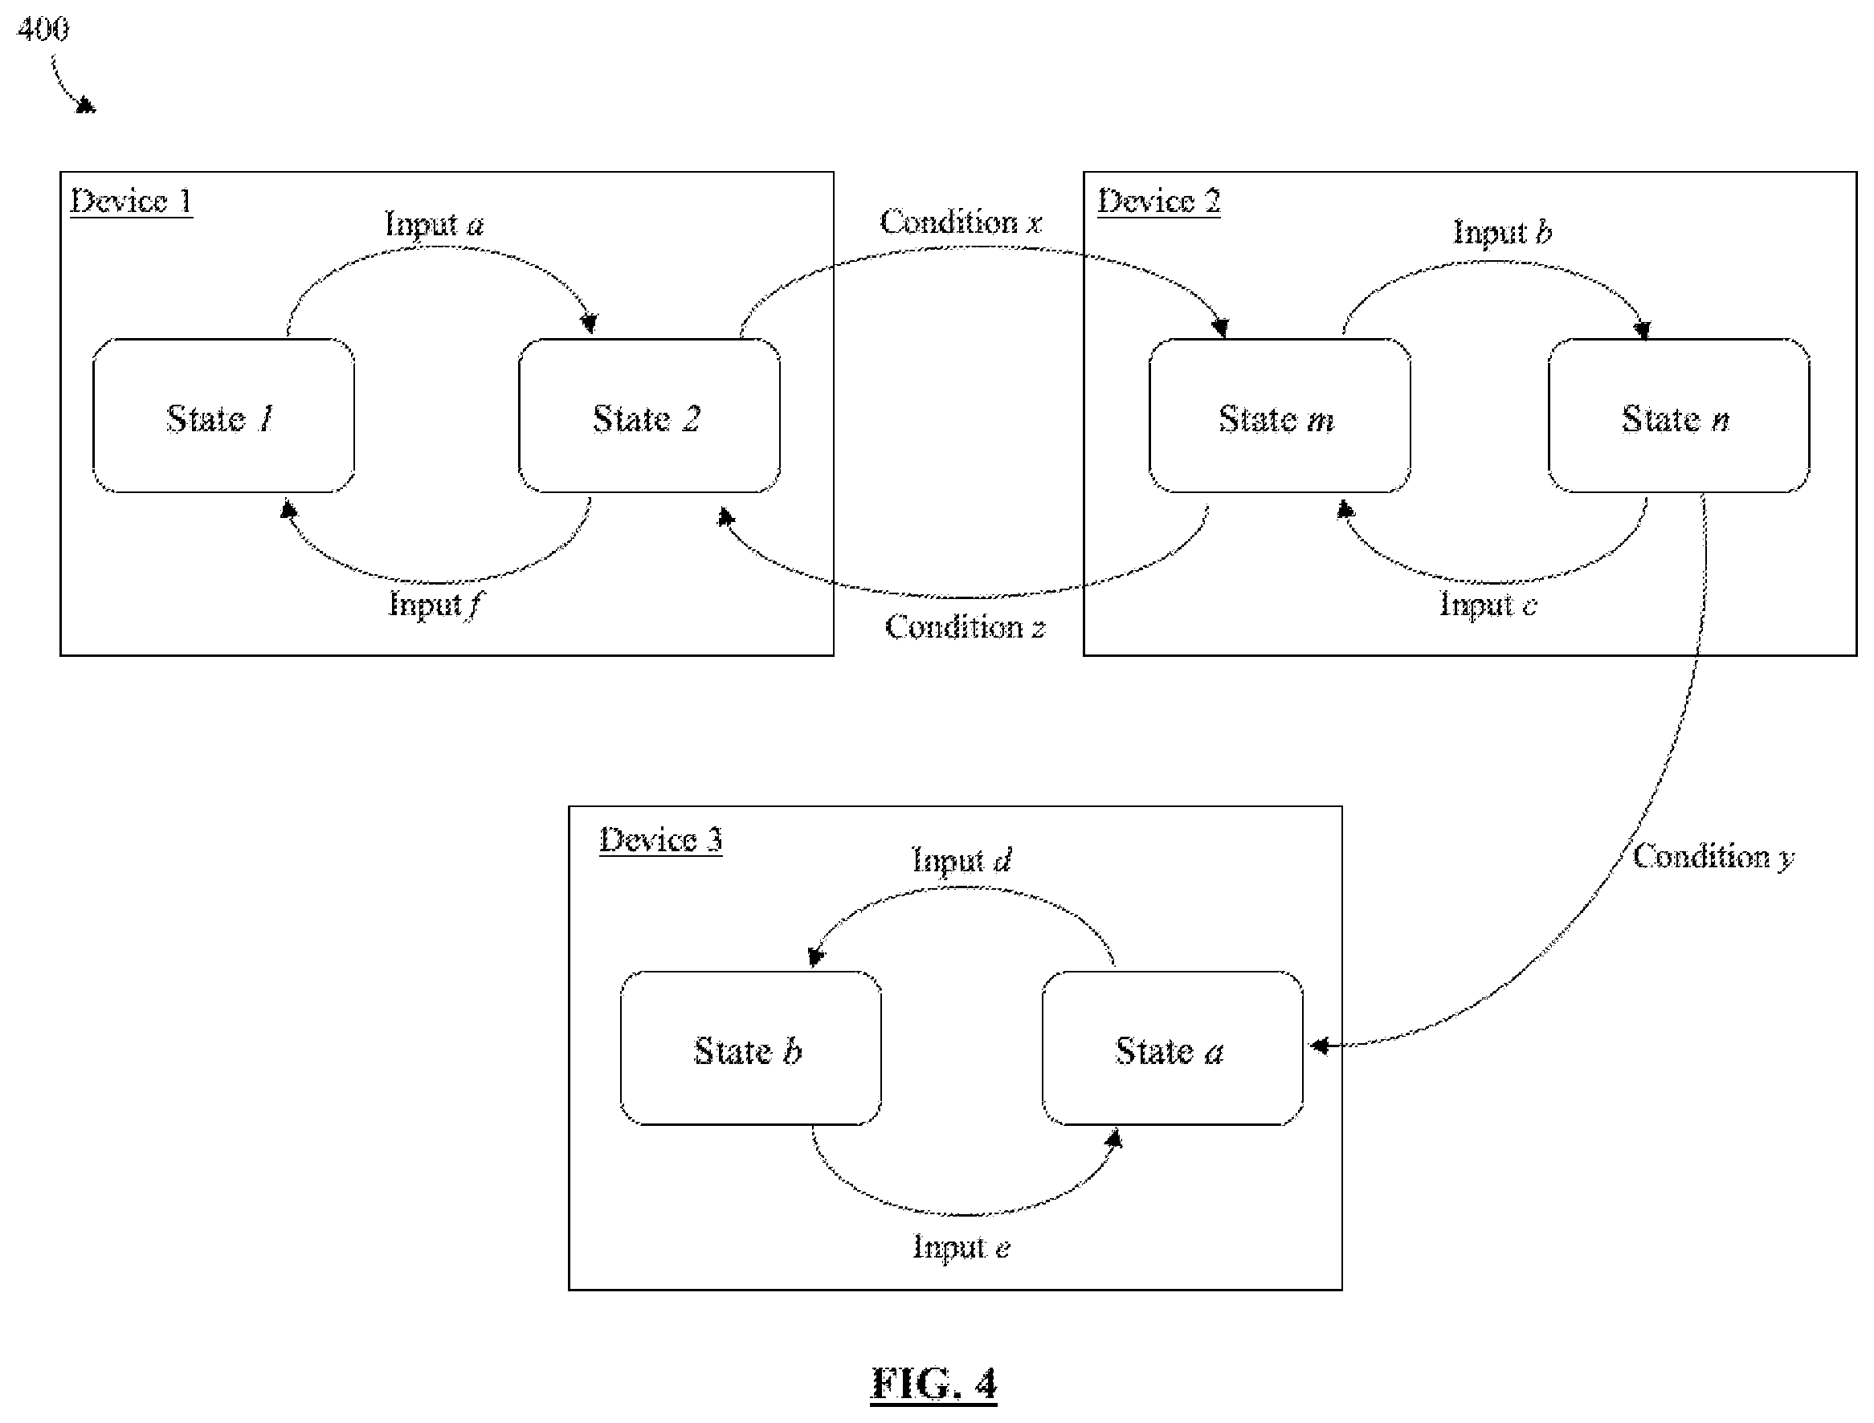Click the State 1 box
click(223, 416)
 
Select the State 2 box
click(649, 416)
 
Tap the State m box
click(1280, 416)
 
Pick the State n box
click(1678, 416)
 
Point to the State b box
click(750, 1049)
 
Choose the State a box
click(1173, 1049)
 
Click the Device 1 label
click(131, 202)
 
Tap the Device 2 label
click(1159, 202)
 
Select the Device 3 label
click(661, 840)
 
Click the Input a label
click(435, 225)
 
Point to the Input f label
click(435, 605)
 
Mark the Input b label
click(1503, 231)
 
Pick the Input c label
click(1488, 605)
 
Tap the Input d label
click(961, 861)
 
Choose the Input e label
click(961, 1248)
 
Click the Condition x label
click(961, 222)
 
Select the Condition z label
click(965, 628)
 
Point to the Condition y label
click(1713, 857)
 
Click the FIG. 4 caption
click(933, 1383)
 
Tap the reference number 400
click(43, 30)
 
